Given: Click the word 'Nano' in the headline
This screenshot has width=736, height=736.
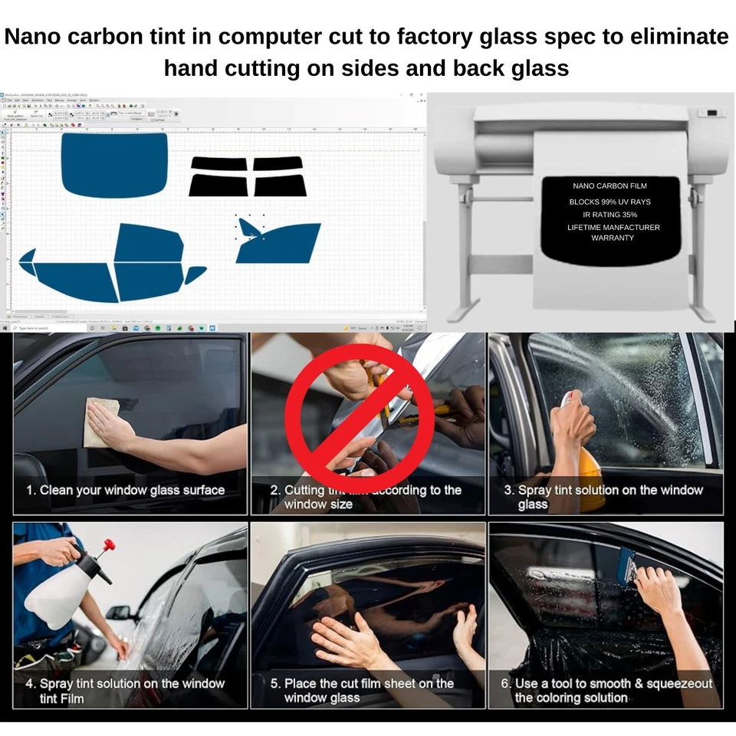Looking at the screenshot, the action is [46, 36].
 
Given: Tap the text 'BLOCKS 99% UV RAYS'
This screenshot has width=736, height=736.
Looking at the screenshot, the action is [609, 202].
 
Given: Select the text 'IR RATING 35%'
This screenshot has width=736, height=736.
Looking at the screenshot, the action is [609, 215].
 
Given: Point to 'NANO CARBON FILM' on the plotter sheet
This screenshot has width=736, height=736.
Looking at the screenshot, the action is [610, 186].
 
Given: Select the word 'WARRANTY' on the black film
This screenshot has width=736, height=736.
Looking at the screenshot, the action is [612, 238].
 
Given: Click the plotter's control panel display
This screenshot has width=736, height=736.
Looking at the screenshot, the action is [711, 113].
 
